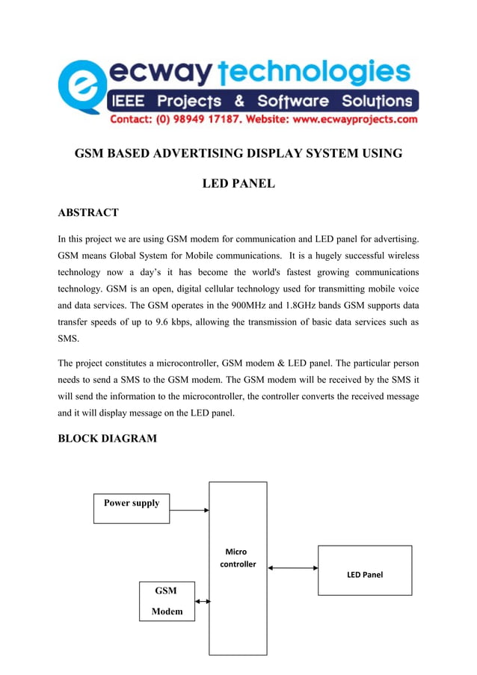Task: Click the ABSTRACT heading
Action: [88, 213]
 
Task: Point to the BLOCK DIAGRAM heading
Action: [108, 438]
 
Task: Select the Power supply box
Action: [132, 508]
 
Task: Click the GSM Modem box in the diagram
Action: [167, 601]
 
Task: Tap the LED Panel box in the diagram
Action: [365, 570]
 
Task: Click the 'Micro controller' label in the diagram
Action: [238, 558]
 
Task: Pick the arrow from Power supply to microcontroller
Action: [189, 511]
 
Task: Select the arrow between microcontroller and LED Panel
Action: [292, 568]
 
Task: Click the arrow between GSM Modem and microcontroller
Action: [202, 600]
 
